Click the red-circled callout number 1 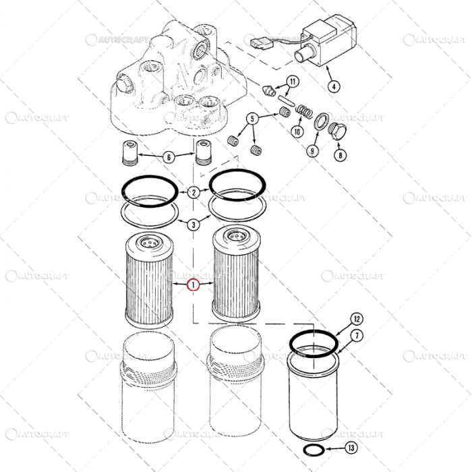tap(194, 285)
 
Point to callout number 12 tap(357, 319)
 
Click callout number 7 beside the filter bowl tap(357, 335)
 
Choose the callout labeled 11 tap(291, 82)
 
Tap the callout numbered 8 tap(341, 154)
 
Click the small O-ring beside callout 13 tap(312, 450)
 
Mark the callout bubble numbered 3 tap(194, 225)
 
